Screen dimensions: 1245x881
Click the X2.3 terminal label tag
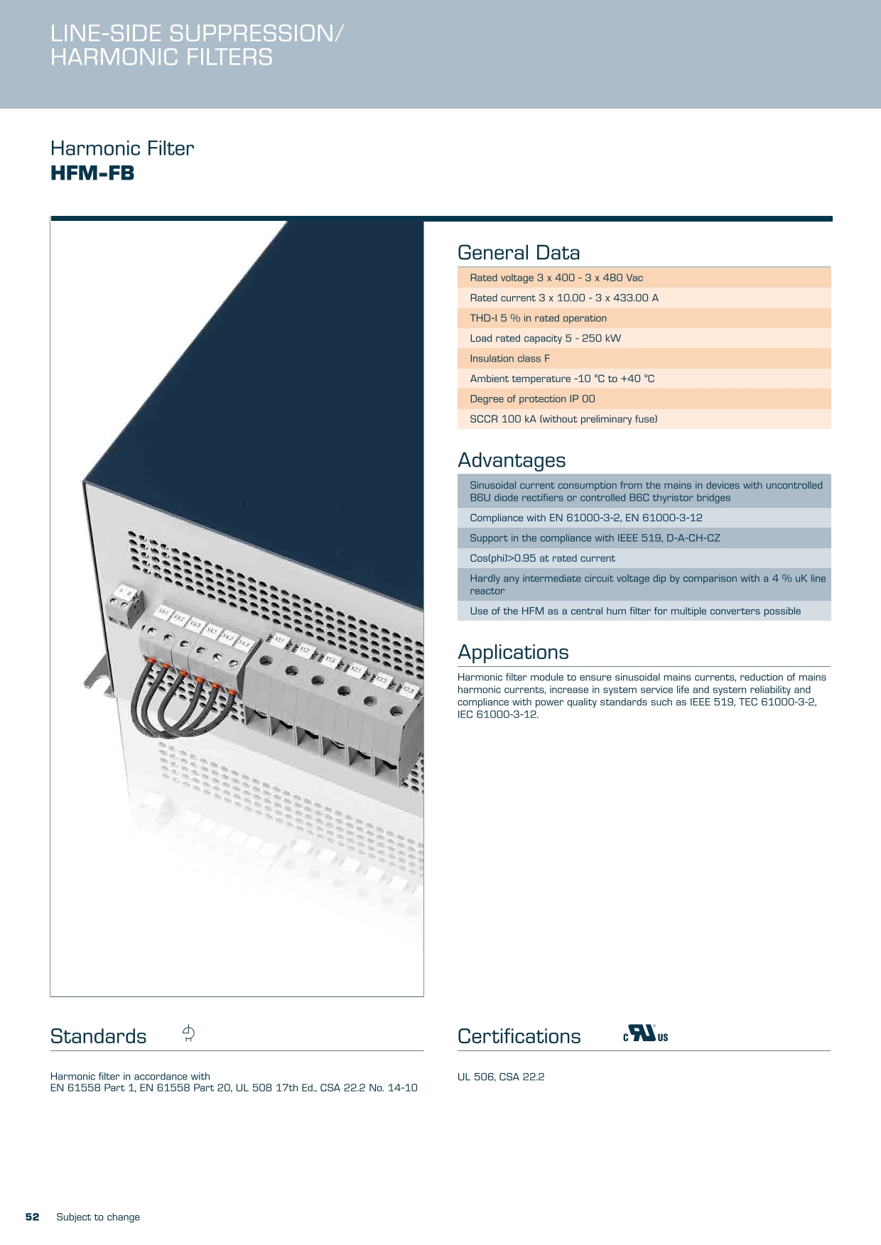(409, 689)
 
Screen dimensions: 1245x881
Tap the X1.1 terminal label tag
(280, 641)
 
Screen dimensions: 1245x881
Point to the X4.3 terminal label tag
(244, 643)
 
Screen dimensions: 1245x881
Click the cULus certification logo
(645, 1034)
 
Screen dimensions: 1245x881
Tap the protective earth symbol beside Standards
(188, 1033)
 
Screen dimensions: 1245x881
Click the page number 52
(33, 1217)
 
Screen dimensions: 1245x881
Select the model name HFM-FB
(92, 173)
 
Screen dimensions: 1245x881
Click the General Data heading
(519, 253)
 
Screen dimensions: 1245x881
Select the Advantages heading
(512, 460)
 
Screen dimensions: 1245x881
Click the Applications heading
(513, 652)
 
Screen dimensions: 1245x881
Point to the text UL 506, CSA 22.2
(501, 1077)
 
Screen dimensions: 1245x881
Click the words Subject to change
(98, 1217)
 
